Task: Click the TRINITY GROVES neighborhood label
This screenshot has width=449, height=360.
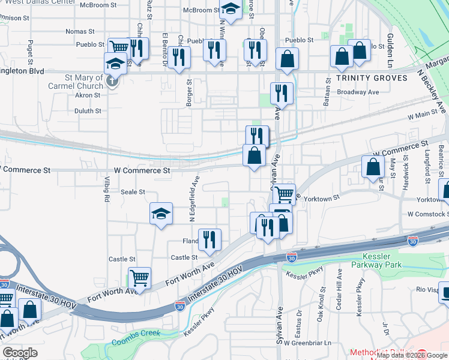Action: coord(372,78)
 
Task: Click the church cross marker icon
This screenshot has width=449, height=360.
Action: coord(112,82)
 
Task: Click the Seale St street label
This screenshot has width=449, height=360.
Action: coord(133,192)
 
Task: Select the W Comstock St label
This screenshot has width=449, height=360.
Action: coord(427,214)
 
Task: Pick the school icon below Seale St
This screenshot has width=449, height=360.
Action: coord(161,214)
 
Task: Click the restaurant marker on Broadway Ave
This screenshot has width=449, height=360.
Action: coord(281,93)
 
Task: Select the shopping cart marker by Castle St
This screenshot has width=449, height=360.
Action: coord(139,278)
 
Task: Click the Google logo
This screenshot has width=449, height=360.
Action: coord(20,353)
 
